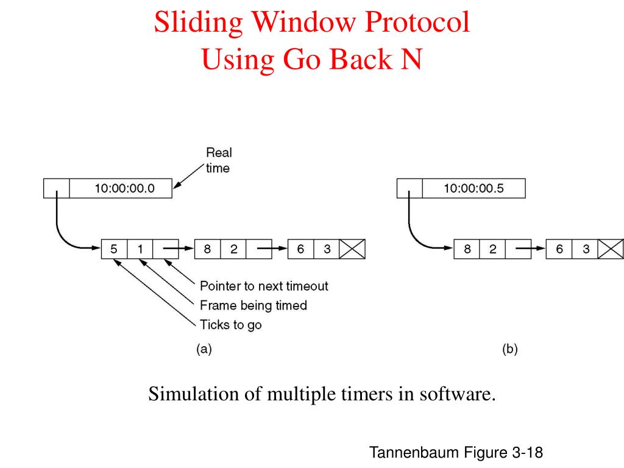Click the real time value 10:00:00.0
click(x=124, y=188)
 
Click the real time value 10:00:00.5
click(x=473, y=188)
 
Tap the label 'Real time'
click(x=218, y=160)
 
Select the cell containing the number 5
click(x=114, y=249)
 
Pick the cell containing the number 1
click(x=140, y=249)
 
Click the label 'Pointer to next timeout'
click(x=264, y=286)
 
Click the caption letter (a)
click(x=204, y=349)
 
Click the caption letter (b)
click(x=509, y=349)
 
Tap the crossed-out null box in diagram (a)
click(x=352, y=249)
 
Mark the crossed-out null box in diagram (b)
click(x=611, y=249)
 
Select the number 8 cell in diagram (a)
click(x=207, y=249)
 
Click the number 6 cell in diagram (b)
click(x=559, y=249)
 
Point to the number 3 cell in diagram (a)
click(x=327, y=249)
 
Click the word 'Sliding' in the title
click(x=198, y=23)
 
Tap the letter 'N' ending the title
click(x=410, y=60)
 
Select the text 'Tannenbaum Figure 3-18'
click(x=456, y=453)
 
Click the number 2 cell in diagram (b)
click(x=492, y=249)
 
